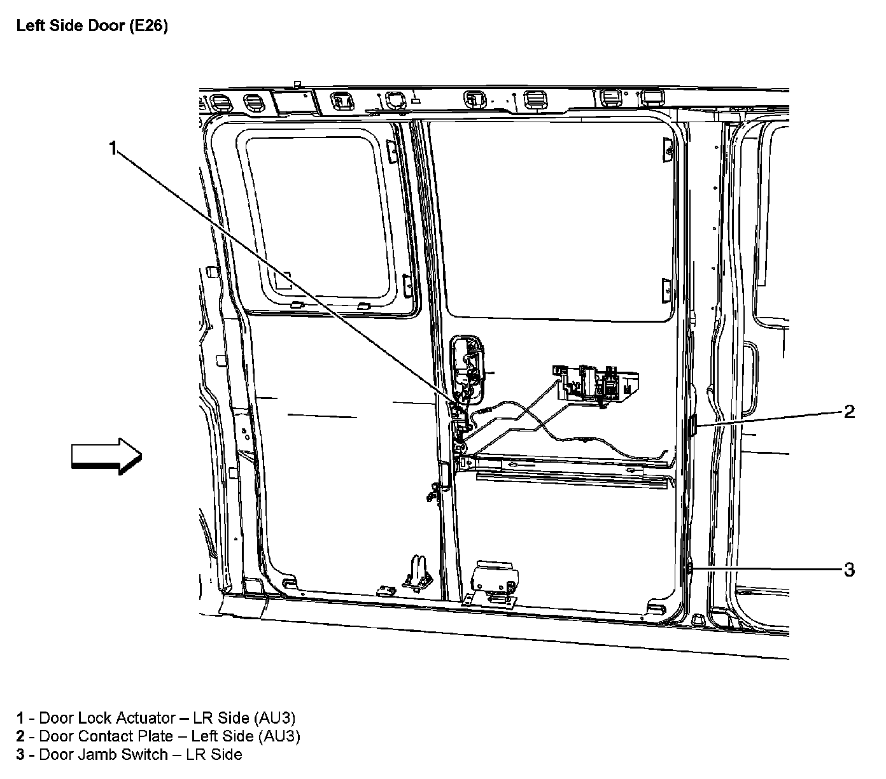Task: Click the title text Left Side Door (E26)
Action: point(92,27)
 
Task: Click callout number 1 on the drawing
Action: point(113,149)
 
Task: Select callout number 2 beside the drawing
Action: point(849,412)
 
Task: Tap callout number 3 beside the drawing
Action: point(849,569)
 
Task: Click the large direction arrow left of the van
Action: point(106,456)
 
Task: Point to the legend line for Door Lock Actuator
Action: point(156,718)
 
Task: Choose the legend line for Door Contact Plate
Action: point(158,736)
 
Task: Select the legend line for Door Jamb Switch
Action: point(129,755)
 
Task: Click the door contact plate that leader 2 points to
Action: point(694,425)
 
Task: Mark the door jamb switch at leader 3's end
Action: point(689,568)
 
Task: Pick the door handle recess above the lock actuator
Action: point(468,366)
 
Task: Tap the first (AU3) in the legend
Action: point(274,718)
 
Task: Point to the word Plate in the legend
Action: point(155,736)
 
